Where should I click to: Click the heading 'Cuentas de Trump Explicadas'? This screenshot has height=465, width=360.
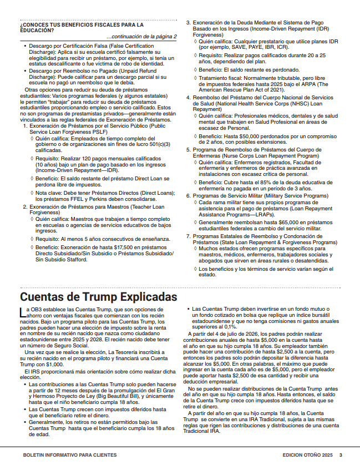[x=99, y=296]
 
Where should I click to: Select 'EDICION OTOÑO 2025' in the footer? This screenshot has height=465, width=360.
[x=307, y=454]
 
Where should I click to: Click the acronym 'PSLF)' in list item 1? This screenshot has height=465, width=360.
[x=100, y=133]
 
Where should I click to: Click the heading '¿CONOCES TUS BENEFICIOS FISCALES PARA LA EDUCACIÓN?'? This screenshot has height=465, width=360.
[x=82, y=27]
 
